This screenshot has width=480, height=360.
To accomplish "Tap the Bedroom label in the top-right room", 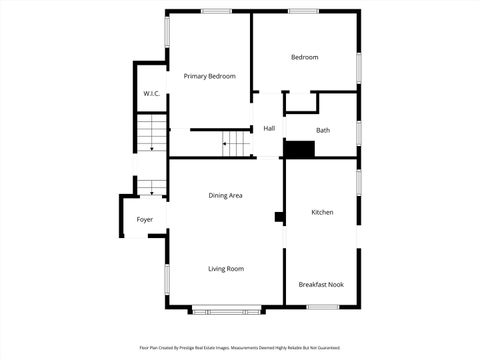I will [x=304, y=57].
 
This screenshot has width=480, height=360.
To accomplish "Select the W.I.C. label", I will [x=150, y=94].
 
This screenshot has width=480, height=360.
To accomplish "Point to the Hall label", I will [x=269, y=129].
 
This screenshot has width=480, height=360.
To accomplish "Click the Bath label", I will [x=323, y=130].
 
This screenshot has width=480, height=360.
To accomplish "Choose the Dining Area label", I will [x=225, y=195].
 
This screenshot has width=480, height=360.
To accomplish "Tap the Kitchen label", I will [x=322, y=212].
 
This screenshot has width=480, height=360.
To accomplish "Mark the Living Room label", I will [x=225, y=268].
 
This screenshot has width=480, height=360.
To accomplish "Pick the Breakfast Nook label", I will [x=321, y=284].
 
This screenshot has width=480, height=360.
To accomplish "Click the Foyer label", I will [x=144, y=219].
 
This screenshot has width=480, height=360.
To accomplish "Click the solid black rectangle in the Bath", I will [x=299, y=149].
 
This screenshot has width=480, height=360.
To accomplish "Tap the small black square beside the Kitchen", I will [x=279, y=216].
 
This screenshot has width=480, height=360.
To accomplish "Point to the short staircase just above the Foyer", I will [x=151, y=186].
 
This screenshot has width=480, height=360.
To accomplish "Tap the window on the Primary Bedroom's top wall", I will [x=217, y=12].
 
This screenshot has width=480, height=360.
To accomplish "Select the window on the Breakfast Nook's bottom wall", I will [x=322, y=307].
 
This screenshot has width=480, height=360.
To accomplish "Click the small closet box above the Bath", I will [x=301, y=101].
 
